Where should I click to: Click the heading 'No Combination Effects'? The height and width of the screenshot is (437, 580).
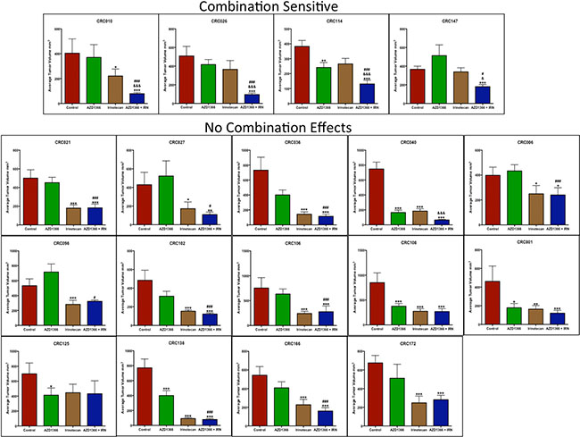pos(290,127)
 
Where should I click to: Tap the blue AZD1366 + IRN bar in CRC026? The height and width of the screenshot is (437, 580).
pos(253,98)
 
